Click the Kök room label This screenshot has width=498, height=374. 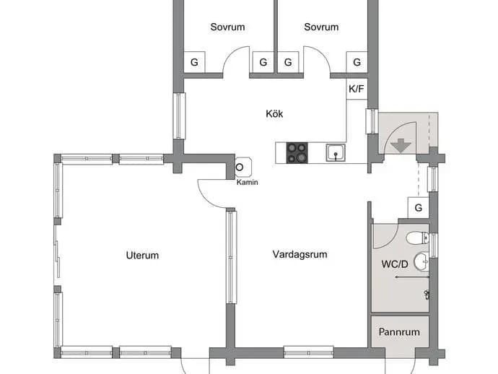[274, 114]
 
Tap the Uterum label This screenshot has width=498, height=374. [142, 256]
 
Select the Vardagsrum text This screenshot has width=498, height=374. [300, 255]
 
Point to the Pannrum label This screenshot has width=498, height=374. [399, 332]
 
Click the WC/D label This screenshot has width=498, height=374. [395, 264]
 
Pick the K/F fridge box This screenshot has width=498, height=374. [357, 89]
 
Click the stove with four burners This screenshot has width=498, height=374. [297, 153]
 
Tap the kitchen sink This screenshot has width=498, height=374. [336, 153]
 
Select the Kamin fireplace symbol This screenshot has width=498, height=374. [244, 167]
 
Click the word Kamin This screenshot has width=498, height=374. [247, 183]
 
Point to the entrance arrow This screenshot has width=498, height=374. [401, 146]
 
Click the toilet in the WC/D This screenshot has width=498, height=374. [417, 238]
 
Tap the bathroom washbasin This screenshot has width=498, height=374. [421, 261]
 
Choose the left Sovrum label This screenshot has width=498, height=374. [227, 27]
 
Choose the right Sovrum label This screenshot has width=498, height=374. [321, 27]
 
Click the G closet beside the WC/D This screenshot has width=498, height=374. [419, 208]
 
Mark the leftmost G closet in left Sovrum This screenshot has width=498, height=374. [194, 62]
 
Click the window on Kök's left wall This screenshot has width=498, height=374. [179, 116]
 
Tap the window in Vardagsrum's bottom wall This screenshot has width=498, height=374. [308, 352]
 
